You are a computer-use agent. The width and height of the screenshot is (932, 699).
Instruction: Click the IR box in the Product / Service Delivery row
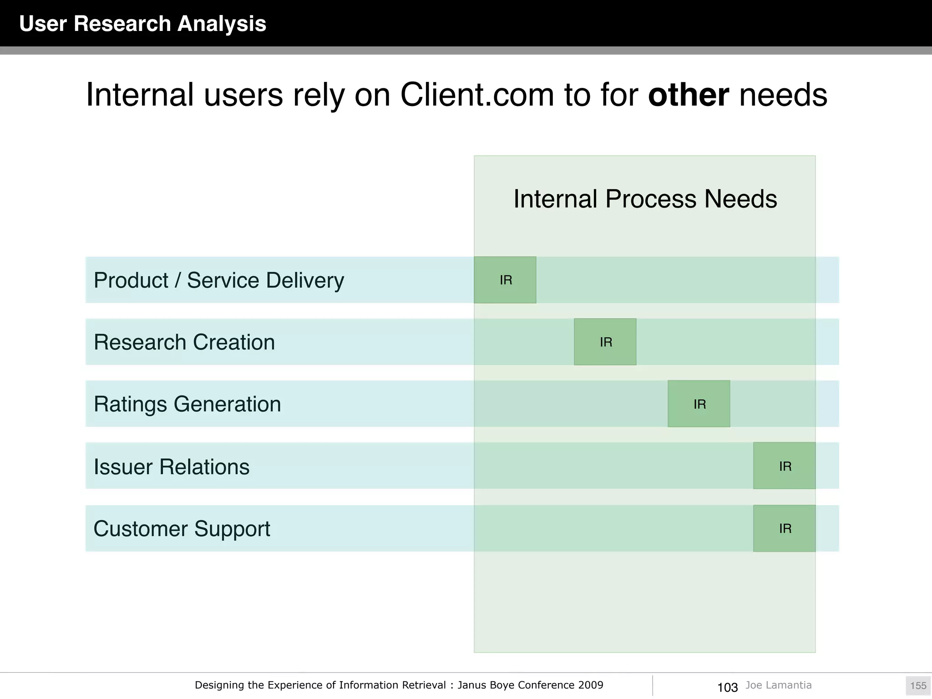pos(505,280)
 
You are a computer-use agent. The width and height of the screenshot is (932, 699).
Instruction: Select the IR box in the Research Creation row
pos(605,342)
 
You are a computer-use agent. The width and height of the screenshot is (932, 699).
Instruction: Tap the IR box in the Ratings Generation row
pos(699,404)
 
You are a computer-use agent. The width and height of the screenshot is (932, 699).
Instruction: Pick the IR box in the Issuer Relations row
pos(785,466)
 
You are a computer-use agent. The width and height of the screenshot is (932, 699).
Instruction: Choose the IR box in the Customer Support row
pos(785,528)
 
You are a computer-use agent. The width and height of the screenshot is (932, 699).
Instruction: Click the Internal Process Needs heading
pos(645,199)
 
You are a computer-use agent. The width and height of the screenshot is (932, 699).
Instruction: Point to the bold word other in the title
pos(688,95)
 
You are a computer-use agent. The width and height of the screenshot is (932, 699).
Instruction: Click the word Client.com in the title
pos(477,95)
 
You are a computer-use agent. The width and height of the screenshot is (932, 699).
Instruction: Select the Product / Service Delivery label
pos(219,280)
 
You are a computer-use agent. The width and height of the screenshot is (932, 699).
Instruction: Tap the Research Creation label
pos(184,342)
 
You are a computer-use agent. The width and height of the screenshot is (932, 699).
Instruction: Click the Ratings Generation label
pos(187,404)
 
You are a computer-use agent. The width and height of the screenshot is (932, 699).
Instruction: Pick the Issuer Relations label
pos(172,466)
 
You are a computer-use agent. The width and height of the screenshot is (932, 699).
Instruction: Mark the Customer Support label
pos(182,529)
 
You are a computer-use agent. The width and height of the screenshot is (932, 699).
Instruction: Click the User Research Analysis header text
pos(142,24)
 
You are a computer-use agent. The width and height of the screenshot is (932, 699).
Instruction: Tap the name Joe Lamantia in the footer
pos(778,685)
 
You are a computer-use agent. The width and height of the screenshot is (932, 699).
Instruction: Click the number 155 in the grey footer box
pos(918,686)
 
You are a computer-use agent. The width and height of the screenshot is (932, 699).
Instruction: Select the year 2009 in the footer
pos(591,685)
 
